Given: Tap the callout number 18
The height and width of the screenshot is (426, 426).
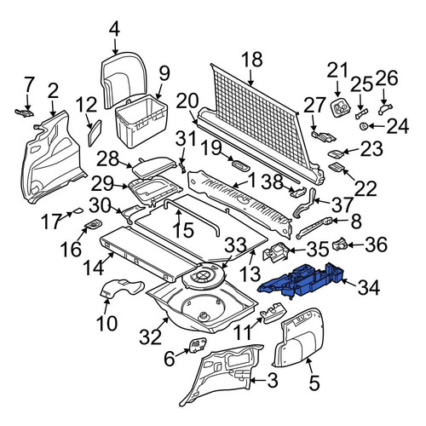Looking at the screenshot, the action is (x=252, y=60).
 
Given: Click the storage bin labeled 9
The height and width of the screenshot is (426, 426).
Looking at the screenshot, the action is (x=141, y=121).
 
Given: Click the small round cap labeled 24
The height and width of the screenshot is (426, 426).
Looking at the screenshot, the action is (x=364, y=126).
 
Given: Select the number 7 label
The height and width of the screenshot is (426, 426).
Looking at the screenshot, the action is (x=27, y=84).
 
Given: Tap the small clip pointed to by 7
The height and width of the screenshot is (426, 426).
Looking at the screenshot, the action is (x=24, y=112).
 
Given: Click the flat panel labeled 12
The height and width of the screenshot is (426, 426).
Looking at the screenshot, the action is (x=95, y=133).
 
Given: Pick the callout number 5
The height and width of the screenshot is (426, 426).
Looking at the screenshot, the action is (x=314, y=383).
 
